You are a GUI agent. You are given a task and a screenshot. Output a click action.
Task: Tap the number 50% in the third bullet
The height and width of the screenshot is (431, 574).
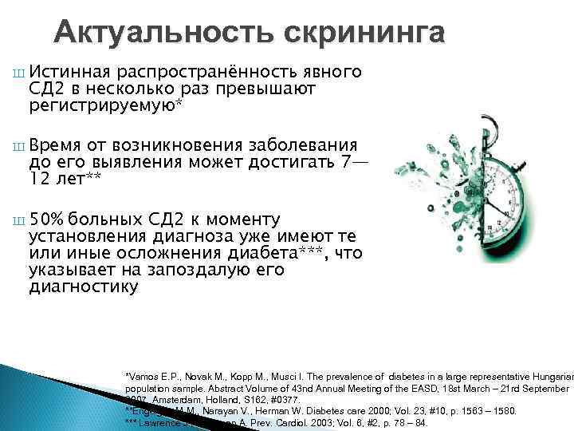pyautogui.click(x=47, y=220)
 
